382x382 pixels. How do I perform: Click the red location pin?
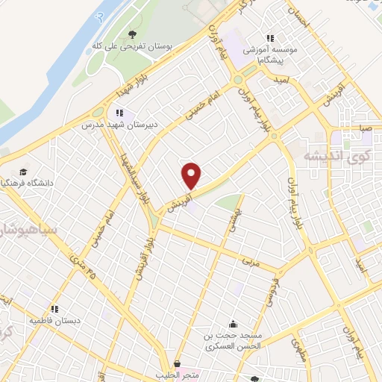[x=192, y=175]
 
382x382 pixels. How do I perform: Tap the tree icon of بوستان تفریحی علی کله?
[x=132, y=34]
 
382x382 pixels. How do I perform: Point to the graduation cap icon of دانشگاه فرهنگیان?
[x=26, y=173]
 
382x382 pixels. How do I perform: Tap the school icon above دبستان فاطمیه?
[x=54, y=308]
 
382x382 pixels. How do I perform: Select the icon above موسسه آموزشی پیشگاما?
[x=270, y=37]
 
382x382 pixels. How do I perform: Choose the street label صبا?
[x=365, y=128]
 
